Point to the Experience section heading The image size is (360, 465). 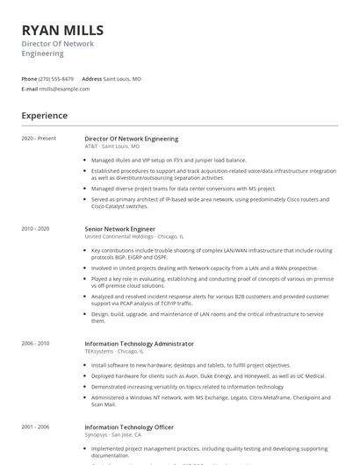[44, 115]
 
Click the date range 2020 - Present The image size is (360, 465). [39, 139]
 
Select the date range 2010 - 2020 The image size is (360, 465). [36, 229]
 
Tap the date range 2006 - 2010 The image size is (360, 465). [36, 344]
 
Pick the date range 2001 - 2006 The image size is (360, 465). [36, 427]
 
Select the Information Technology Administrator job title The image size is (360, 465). [139, 344]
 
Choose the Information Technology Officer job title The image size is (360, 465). [129, 427]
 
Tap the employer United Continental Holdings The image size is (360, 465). [119, 237]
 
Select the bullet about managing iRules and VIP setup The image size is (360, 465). [169, 161]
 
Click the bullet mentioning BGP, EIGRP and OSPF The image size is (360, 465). [211, 254]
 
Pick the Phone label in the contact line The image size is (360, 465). [29, 79]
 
